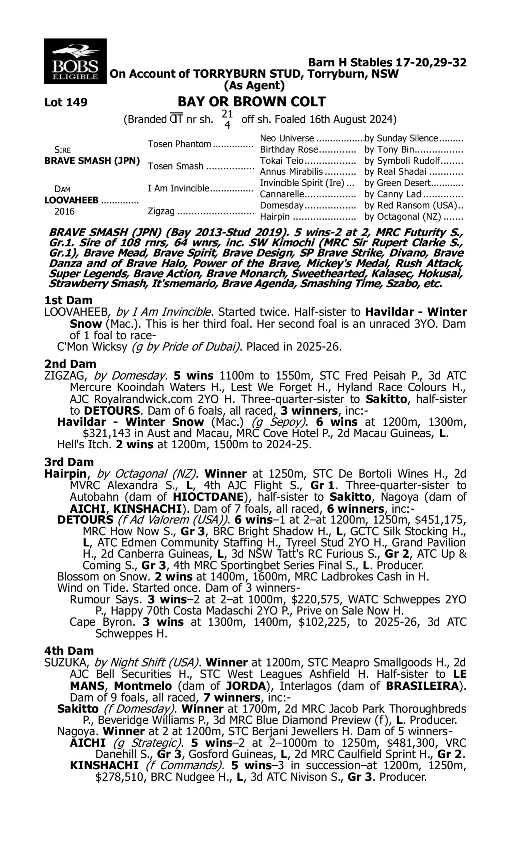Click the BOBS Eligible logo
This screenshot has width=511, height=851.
pyautogui.click(x=75, y=61)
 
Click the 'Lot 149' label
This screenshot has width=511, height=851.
pyautogui.click(x=66, y=102)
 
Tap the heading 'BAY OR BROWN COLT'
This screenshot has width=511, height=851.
pyautogui.click(x=251, y=102)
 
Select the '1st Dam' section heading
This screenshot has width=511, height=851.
pyautogui.click(x=68, y=300)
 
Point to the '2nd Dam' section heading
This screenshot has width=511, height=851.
pyautogui.click(x=70, y=364)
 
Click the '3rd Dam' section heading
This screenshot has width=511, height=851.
pyautogui.click(x=69, y=462)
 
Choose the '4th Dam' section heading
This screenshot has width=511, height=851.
pyautogui.click(x=69, y=651)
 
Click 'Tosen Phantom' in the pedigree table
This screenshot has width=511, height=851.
pyautogui.click(x=180, y=144)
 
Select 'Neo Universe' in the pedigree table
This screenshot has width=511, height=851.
pyautogui.click(x=287, y=138)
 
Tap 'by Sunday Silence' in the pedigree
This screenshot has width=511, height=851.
pyautogui.click(x=401, y=138)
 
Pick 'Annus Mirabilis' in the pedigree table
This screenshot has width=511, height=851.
pyautogui.click(x=291, y=172)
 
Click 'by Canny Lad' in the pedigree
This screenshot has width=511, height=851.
pyautogui.click(x=392, y=194)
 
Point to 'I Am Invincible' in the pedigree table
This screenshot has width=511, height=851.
pyautogui.click(x=179, y=188)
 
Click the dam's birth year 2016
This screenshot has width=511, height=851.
pyautogui.click(x=64, y=211)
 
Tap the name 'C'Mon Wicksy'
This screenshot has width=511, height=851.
pyautogui.click(x=92, y=347)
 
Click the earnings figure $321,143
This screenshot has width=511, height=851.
pyautogui.click(x=107, y=433)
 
